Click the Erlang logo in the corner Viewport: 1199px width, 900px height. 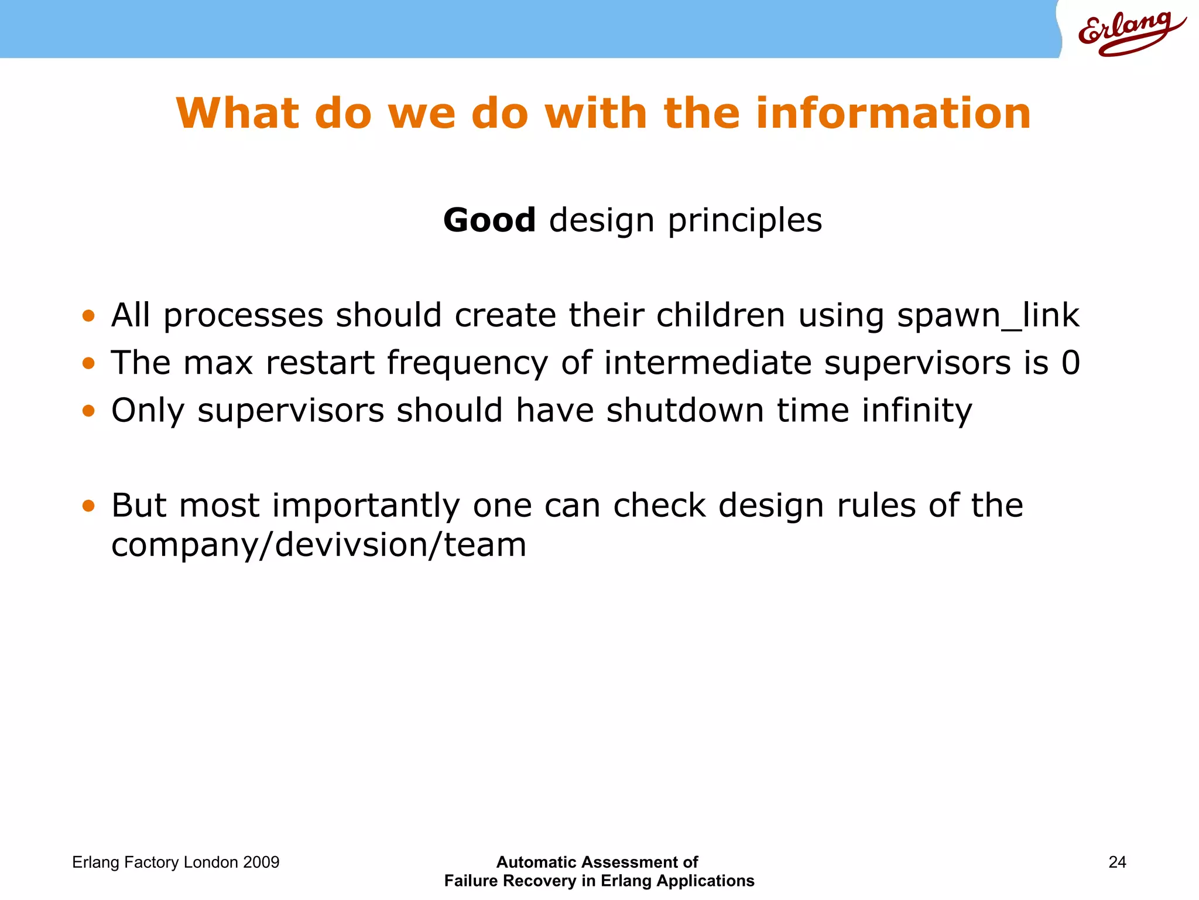(1130, 32)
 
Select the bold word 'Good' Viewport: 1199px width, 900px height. (489, 220)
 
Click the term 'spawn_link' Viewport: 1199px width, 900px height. (988, 315)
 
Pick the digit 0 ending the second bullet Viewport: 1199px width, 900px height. (1071, 363)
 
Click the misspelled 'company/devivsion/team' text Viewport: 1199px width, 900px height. (319, 545)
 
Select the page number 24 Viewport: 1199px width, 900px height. (1117, 862)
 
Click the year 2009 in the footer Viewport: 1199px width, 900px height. (261, 862)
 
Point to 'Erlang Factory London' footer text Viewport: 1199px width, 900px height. (155, 862)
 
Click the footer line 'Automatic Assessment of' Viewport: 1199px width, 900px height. (597, 862)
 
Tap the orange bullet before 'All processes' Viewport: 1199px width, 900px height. (88, 316)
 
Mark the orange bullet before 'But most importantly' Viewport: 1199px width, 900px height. (88, 506)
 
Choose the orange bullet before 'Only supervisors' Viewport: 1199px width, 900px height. (88, 411)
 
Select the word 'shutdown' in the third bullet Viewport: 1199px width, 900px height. (684, 410)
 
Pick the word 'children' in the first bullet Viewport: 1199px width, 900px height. (720, 315)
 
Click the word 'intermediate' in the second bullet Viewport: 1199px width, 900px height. (708, 363)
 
